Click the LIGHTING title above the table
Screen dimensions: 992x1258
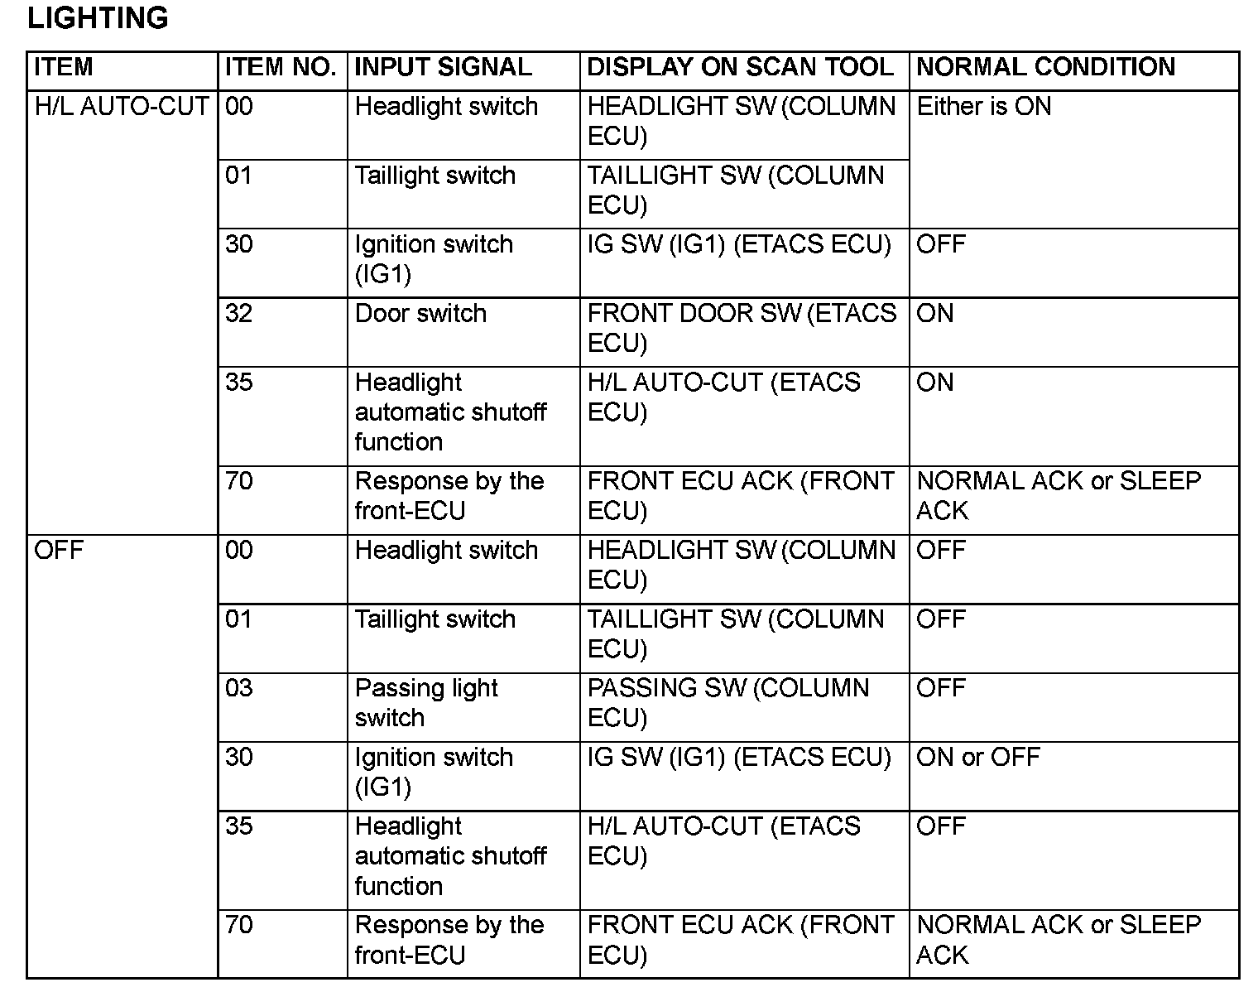tap(98, 17)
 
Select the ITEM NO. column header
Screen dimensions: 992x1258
tap(281, 67)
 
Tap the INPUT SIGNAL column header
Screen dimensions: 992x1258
tap(443, 67)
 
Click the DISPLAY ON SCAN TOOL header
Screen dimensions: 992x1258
tap(740, 67)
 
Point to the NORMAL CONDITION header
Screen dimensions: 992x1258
tap(1045, 67)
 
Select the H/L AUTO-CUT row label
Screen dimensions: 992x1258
tap(121, 106)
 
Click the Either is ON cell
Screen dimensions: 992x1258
tap(984, 106)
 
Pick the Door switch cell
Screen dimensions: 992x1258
tap(420, 313)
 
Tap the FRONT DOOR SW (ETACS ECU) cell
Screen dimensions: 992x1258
tap(741, 328)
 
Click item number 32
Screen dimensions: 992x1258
tap(239, 313)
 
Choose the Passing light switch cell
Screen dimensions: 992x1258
tap(426, 702)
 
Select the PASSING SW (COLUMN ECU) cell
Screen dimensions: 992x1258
tap(728, 702)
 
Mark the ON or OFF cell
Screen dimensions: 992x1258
tap(977, 757)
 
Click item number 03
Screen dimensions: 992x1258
tap(239, 688)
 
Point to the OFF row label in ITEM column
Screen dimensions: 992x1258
tap(59, 550)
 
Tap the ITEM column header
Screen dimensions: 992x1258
tap(64, 67)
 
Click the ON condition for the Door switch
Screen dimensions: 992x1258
tap(935, 313)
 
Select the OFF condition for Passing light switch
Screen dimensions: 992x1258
tap(941, 688)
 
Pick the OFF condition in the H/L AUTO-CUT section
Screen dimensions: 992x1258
tap(941, 244)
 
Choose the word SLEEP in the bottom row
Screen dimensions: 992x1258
tap(1160, 924)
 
